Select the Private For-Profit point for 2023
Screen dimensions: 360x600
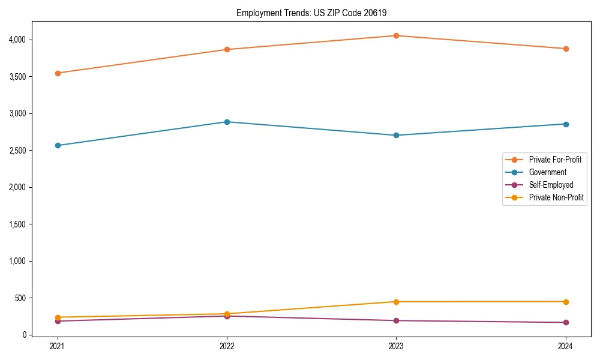396,35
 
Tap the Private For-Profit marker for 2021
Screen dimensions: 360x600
58,73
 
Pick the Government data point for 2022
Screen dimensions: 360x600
227,122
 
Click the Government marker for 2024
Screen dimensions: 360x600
565,124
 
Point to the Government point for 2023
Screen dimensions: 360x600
396,135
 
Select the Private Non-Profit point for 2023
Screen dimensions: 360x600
396,302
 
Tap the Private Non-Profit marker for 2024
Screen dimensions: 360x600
565,302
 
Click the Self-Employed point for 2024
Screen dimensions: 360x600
565,322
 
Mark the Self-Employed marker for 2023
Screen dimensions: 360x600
396,320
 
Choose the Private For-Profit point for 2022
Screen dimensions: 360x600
227,49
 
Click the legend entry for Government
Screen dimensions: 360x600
547,172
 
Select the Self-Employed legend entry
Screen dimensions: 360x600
551,185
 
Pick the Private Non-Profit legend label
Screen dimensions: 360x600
556,197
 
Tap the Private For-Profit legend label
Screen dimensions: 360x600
555,160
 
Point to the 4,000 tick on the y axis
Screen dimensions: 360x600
18,40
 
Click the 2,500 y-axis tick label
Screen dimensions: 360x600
18,150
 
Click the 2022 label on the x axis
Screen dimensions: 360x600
227,346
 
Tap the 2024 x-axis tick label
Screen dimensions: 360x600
565,346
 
